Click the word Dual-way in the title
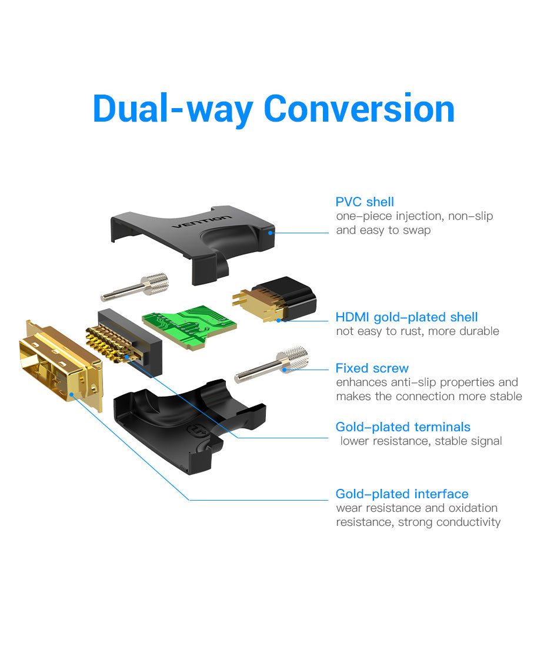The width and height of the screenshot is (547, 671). tap(173, 109)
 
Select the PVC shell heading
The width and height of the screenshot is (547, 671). tap(365, 202)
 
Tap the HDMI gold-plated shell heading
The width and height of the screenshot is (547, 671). tap(406, 317)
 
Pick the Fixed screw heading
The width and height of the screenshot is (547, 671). tap(372, 368)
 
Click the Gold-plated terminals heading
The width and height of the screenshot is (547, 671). tap(403, 427)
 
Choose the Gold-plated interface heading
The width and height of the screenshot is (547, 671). tap(402, 494)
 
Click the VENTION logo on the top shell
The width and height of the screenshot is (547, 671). tap(201, 222)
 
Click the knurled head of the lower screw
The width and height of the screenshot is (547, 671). tap(293, 357)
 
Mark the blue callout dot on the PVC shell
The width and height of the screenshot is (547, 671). tap(271, 233)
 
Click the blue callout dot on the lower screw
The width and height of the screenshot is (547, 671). tap(283, 370)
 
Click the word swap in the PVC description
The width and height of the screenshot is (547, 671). tap(417, 230)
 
